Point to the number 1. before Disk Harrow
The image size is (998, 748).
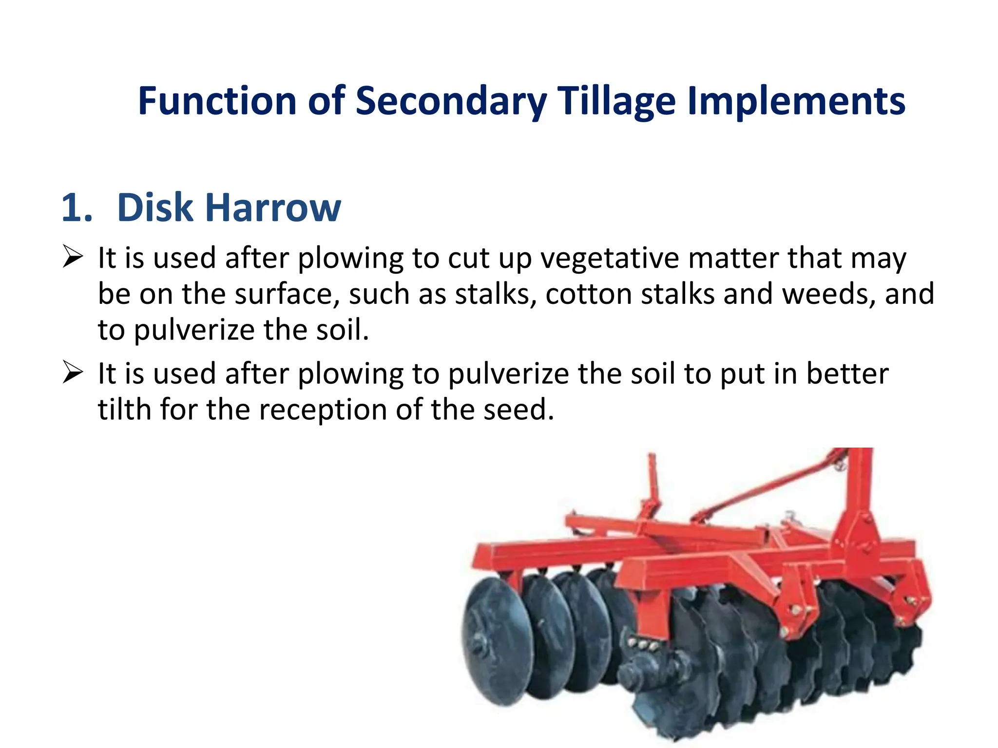click(x=77, y=208)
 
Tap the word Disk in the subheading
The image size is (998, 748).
click(x=155, y=208)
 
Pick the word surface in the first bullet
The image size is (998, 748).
click(x=287, y=294)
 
